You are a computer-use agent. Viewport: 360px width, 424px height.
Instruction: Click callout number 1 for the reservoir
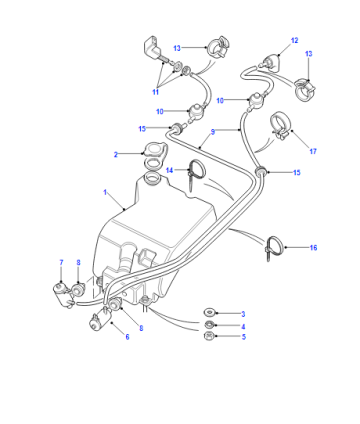click(x=105, y=193)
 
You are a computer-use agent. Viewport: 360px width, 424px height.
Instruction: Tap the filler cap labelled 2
click(x=155, y=151)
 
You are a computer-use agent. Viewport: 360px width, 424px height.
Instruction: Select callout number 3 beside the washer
click(x=243, y=314)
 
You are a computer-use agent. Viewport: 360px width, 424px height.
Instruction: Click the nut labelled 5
click(x=209, y=336)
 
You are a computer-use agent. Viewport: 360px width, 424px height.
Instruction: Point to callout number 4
click(x=243, y=326)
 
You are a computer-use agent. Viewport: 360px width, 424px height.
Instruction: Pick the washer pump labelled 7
click(x=63, y=294)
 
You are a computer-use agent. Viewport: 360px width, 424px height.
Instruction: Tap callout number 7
click(x=61, y=263)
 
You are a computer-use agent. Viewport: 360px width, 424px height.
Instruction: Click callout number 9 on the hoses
click(x=213, y=132)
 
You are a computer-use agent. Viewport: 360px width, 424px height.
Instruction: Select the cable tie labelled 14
click(x=197, y=173)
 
